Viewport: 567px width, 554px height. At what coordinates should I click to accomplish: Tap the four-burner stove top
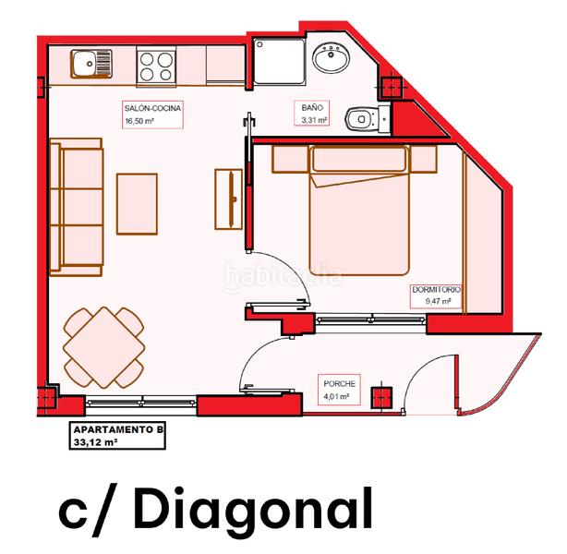(156, 66)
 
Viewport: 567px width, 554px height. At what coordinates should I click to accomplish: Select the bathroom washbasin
(331, 57)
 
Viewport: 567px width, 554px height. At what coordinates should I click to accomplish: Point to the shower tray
(279, 62)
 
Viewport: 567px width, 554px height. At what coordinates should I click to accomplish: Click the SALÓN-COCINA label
(152, 108)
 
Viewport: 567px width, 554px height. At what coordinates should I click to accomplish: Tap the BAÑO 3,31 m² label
(312, 114)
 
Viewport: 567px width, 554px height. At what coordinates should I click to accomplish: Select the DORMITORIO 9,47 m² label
(437, 295)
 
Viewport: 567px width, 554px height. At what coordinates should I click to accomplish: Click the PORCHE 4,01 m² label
(339, 390)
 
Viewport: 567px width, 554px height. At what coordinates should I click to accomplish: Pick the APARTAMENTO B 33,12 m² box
(117, 436)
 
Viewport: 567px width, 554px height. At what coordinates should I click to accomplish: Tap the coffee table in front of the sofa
(137, 204)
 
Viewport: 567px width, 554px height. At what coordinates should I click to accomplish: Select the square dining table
(104, 347)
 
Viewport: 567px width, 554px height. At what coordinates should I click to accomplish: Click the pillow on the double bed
(359, 159)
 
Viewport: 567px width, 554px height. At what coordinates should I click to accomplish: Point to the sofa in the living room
(77, 207)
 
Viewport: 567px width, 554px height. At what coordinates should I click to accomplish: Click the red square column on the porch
(382, 397)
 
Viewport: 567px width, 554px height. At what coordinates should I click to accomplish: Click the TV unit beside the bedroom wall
(228, 199)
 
